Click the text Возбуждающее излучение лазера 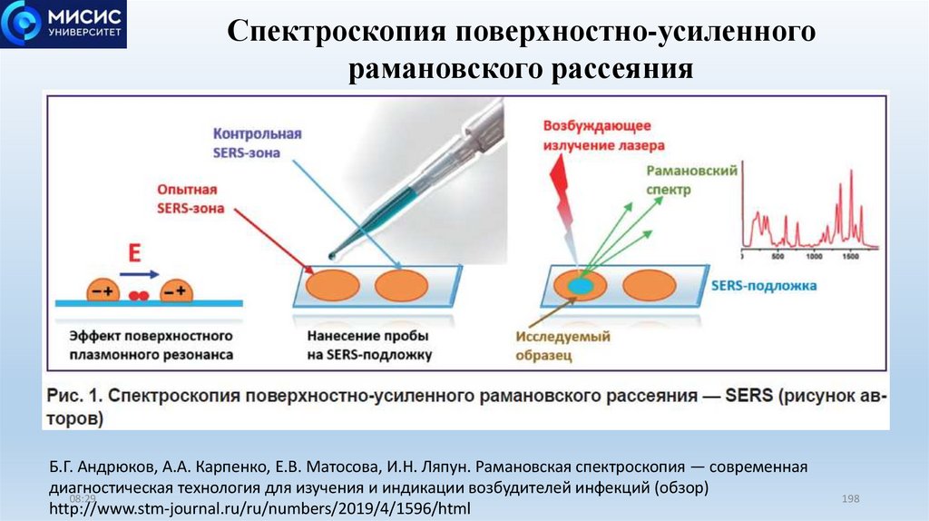pos(603,135)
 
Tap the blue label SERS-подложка pos(764,285)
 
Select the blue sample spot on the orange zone pos(579,285)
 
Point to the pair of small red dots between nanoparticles pos(139,295)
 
